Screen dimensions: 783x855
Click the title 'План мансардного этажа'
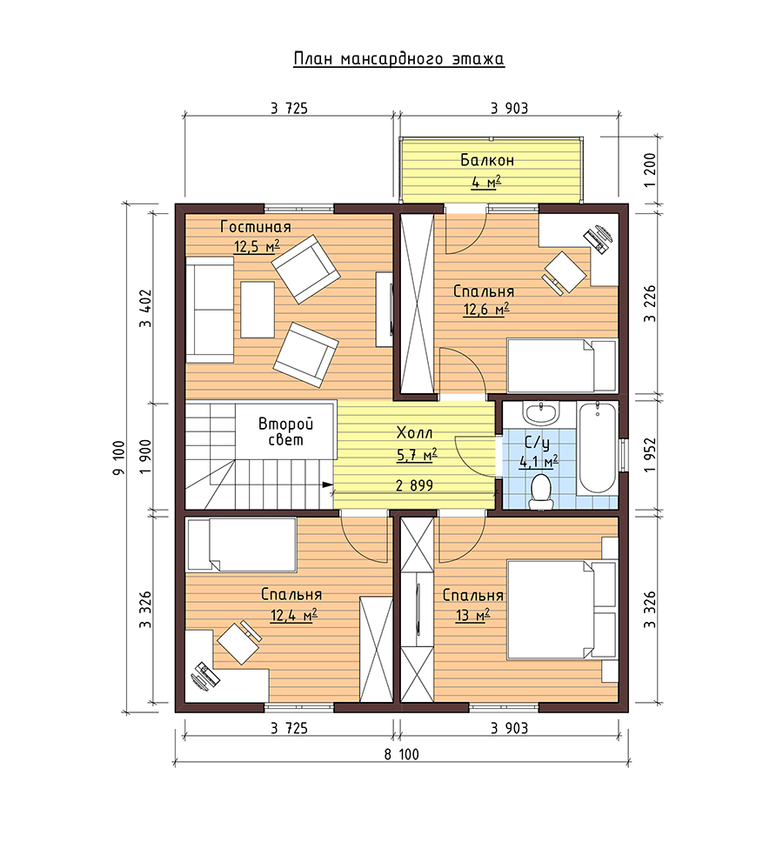(x=398, y=59)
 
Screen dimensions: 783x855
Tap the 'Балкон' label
(x=487, y=160)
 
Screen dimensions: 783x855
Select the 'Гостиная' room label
(x=256, y=227)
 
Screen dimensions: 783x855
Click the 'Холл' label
(x=414, y=433)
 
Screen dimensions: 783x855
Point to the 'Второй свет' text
(x=285, y=432)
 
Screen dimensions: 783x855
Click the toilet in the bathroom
(x=541, y=491)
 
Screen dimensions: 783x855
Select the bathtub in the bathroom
(x=597, y=447)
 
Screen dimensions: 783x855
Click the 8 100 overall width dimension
(x=401, y=754)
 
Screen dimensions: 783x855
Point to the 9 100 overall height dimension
(x=119, y=458)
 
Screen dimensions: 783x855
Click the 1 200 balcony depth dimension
(x=650, y=170)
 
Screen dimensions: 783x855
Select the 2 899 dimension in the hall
(x=414, y=485)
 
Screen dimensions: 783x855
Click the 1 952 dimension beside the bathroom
(x=650, y=455)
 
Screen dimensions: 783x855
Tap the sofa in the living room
(x=210, y=310)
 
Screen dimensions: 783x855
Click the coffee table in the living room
(x=258, y=310)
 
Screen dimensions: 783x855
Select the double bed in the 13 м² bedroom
(x=562, y=609)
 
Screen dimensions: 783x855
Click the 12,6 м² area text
(x=486, y=310)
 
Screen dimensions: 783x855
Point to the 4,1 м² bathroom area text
(x=539, y=462)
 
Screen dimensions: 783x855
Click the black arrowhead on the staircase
(x=328, y=484)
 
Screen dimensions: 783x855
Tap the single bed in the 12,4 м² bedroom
(x=241, y=544)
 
